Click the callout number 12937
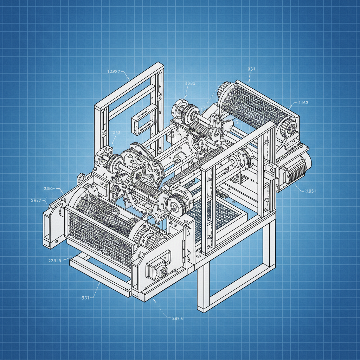tap(114, 71)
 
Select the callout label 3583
tap(190, 83)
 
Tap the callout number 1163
tap(303, 103)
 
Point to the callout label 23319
tap(54, 261)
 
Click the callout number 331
tap(85, 297)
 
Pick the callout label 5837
tap(36, 200)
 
